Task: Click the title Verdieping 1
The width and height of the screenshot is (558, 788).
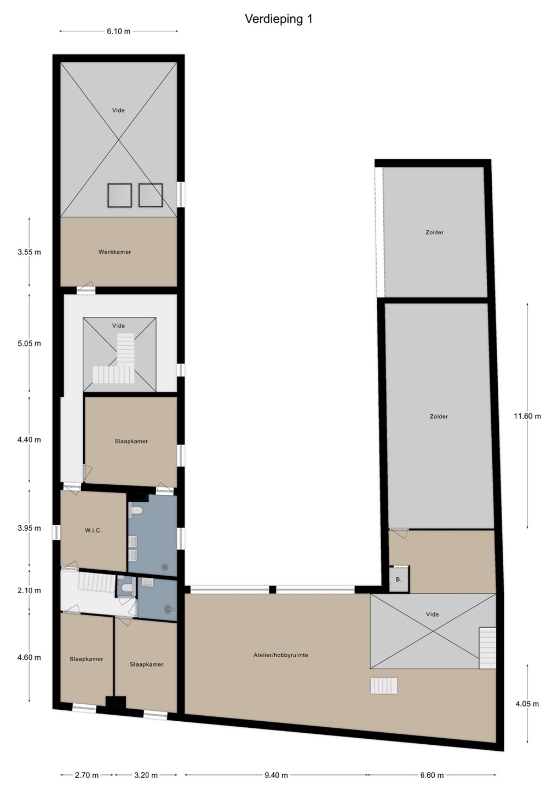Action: [x=279, y=19]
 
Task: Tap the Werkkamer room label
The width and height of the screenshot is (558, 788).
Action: [x=115, y=252]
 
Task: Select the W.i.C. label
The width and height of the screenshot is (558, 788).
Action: [x=93, y=530]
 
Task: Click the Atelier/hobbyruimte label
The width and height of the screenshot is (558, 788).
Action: [x=281, y=655]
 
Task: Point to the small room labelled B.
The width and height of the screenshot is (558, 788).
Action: [x=399, y=580]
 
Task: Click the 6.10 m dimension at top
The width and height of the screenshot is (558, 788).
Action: [x=119, y=31]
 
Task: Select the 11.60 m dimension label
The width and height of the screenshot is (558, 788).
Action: [x=527, y=416]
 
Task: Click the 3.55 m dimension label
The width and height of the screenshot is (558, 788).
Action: [x=29, y=252]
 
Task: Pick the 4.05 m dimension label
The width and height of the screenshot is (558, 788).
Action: [x=527, y=704]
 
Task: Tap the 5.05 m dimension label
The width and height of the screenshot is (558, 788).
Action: [x=29, y=343]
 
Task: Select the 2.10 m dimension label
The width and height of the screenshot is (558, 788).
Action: [x=29, y=590]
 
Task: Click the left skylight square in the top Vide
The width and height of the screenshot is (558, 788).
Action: [x=120, y=195]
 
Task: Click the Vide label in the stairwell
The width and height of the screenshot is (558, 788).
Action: [x=119, y=326]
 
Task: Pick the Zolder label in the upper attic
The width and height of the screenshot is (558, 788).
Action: [x=434, y=232]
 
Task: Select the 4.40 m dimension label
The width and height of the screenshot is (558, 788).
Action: [x=29, y=440]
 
